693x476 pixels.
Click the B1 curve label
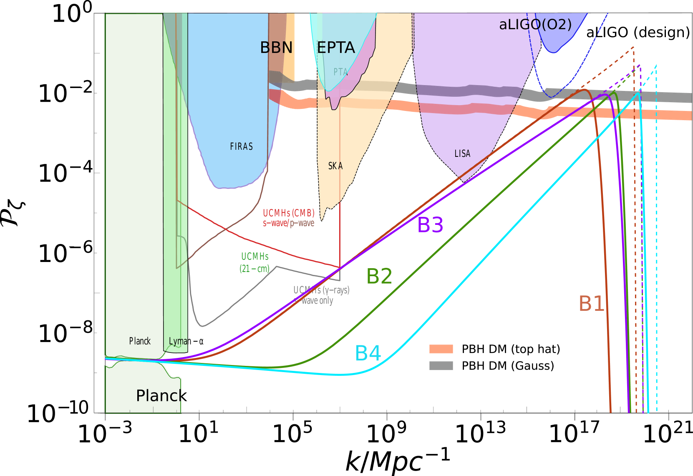(591, 304)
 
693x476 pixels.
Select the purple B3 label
(430, 225)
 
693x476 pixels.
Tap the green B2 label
(379, 276)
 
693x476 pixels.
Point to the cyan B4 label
(368, 353)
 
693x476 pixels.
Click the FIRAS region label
(241, 146)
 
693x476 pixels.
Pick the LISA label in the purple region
(462, 154)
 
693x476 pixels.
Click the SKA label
(335, 166)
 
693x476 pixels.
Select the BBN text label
(276, 48)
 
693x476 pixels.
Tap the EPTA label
(336, 48)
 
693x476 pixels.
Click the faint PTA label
(340, 72)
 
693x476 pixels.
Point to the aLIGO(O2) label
(535, 25)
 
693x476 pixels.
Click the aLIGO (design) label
(638, 32)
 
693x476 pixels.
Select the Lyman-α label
(186, 341)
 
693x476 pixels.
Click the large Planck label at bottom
(161, 395)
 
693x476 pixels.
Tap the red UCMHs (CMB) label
(289, 213)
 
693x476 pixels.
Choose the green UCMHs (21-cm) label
(255, 262)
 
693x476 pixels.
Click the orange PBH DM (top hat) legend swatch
(441, 349)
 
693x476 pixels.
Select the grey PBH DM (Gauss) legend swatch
(441, 366)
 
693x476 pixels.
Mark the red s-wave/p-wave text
(288, 223)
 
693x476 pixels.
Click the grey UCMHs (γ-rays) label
(321, 290)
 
